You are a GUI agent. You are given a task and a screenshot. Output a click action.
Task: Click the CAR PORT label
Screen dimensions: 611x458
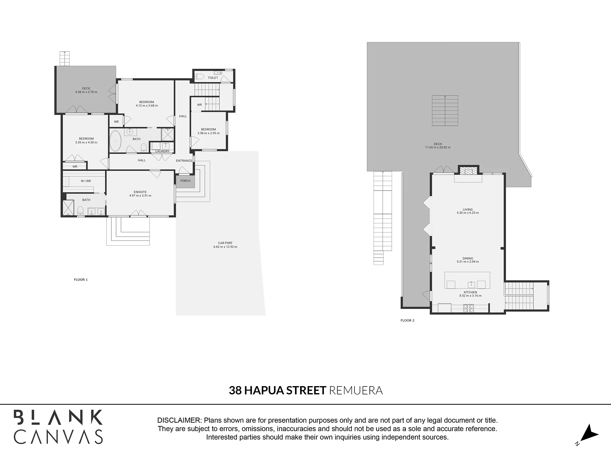(x=225, y=243)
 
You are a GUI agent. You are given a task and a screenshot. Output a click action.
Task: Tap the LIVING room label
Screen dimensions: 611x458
(x=468, y=210)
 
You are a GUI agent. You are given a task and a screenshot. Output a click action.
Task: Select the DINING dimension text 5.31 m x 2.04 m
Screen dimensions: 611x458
(x=468, y=262)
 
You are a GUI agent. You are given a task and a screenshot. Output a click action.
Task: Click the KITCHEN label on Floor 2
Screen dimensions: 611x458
(x=470, y=292)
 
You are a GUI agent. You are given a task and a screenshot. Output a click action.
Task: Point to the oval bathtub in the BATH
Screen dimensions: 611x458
(x=116, y=141)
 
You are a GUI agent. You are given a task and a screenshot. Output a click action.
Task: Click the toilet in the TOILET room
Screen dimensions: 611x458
(x=199, y=76)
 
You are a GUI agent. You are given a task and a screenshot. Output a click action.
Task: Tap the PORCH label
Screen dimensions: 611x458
(x=186, y=181)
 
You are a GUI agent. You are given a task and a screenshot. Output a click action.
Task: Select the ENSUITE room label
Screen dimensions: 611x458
(x=140, y=192)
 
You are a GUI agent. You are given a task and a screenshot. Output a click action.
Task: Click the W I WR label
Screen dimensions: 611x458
(x=86, y=181)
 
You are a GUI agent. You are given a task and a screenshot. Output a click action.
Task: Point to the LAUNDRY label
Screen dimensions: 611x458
(x=162, y=151)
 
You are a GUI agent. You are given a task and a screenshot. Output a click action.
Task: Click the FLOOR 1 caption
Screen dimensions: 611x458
(x=81, y=280)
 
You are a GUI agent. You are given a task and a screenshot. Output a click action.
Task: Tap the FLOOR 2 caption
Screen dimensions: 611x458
(x=408, y=320)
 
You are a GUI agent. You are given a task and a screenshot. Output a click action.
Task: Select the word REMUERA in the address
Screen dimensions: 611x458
(x=356, y=390)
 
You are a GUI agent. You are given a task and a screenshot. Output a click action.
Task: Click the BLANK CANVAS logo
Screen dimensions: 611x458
(x=58, y=427)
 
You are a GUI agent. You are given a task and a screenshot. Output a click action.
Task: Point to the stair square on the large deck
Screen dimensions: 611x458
(x=445, y=110)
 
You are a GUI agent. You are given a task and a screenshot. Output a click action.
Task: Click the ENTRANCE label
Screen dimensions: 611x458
(x=184, y=161)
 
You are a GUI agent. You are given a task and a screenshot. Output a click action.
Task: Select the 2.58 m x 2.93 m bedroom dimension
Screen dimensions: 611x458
(x=208, y=133)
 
